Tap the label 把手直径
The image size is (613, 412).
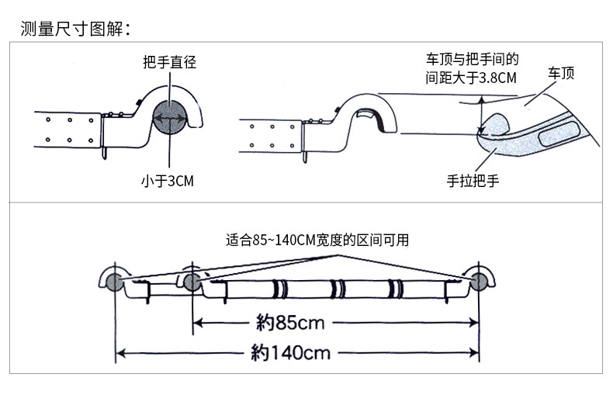point(169,63)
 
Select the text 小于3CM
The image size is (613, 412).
point(168,181)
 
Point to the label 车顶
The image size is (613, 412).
point(561,74)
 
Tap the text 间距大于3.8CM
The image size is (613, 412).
point(471,78)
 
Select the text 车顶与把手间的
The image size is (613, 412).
point(471,60)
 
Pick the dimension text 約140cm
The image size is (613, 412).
point(291,353)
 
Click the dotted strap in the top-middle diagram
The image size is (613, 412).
point(271,135)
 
